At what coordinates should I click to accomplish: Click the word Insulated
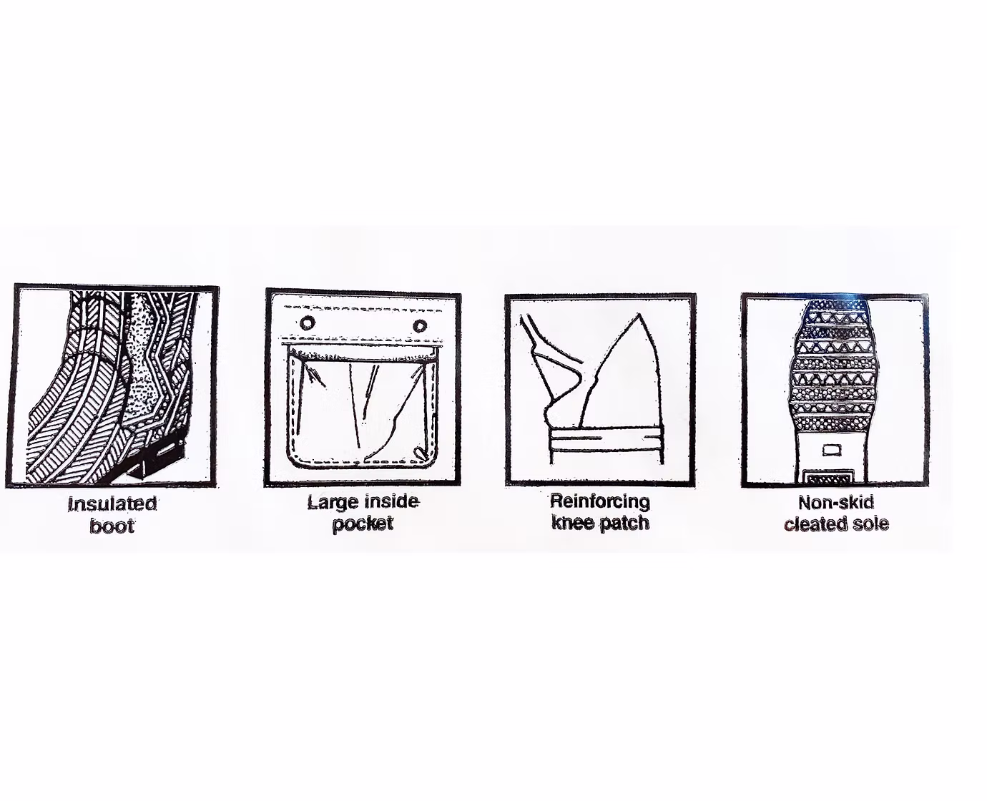point(112,504)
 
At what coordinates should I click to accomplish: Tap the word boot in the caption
point(112,526)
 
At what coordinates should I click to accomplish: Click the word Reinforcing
point(600,503)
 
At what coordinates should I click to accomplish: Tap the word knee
point(573,523)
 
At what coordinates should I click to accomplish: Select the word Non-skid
point(836,503)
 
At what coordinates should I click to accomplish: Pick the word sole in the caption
point(870,524)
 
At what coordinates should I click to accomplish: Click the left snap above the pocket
point(307,322)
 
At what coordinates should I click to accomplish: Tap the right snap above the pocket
point(419,325)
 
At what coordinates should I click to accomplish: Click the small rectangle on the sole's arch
point(832,449)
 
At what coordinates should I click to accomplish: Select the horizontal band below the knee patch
point(606,438)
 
